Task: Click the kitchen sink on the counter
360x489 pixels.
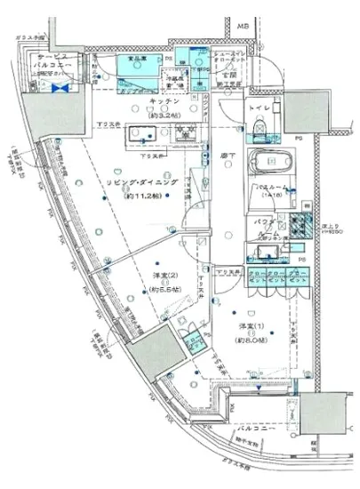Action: (142, 135)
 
